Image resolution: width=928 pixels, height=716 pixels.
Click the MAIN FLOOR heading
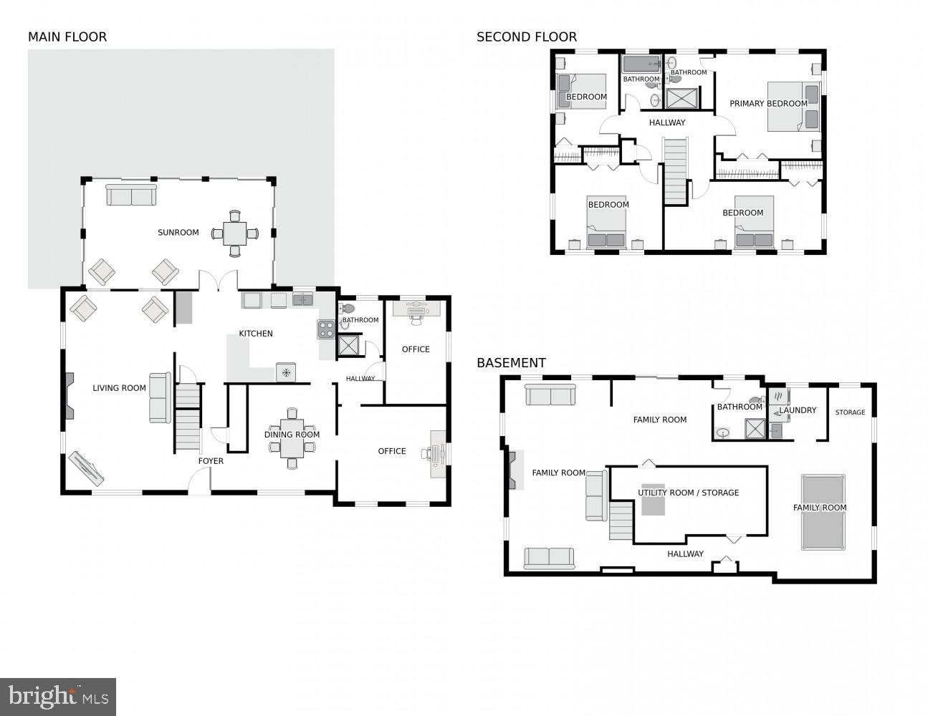tap(67, 37)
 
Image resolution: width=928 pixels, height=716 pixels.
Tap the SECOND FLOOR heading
tap(527, 37)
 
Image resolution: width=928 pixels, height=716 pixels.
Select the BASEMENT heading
tap(511, 363)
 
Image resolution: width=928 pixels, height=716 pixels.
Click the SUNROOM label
tap(178, 233)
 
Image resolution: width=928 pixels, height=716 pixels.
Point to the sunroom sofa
tap(131, 195)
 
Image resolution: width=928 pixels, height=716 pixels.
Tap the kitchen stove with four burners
tap(326, 329)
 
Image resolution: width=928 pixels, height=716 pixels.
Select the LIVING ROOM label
tap(119, 388)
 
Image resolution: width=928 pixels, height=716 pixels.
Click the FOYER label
tap(211, 461)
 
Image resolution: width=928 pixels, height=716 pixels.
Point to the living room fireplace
tap(69, 396)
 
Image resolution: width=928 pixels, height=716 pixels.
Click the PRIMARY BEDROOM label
tap(768, 104)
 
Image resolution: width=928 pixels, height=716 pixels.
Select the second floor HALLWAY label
tap(667, 122)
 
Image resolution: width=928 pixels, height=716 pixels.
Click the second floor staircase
tap(674, 171)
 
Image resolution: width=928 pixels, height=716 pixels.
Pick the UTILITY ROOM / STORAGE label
tap(688, 493)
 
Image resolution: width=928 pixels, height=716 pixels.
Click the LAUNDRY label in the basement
tap(798, 410)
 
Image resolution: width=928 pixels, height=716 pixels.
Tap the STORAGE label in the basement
tap(850, 412)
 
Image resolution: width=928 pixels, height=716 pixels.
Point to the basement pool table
tap(823, 512)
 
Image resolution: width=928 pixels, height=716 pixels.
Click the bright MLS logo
tap(58, 696)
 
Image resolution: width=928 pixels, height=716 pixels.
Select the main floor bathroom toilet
tap(347, 309)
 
